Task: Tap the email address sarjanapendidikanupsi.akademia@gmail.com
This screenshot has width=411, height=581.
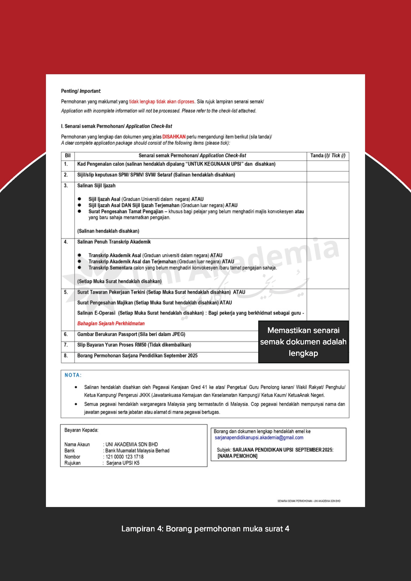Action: [x=259, y=437]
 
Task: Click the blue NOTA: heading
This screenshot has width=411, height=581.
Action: [x=73, y=375]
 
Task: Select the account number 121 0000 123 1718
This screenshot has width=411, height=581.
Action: [x=124, y=457]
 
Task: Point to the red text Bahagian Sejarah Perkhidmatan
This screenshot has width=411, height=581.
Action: [x=111, y=323]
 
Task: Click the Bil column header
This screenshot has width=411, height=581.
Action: [x=68, y=156]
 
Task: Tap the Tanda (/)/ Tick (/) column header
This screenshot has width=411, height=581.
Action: [x=328, y=156]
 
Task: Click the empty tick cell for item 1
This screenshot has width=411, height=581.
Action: [x=328, y=166]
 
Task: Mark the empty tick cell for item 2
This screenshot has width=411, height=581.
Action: [x=328, y=177]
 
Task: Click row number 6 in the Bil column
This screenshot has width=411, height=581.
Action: [x=66, y=334]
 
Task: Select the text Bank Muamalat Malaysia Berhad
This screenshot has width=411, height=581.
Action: [x=137, y=451]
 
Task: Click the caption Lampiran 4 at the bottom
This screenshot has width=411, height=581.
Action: [x=205, y=529]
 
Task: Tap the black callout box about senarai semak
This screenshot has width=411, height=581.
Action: [x=303, y=342]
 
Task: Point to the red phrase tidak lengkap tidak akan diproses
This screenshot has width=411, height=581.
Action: [x=161, y=102]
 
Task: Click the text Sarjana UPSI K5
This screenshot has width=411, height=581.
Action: [x=123, y=463]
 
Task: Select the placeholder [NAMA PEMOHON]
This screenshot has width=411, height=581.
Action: [x=237, y=456]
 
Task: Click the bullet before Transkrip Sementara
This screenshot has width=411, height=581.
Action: [x=79, y=267]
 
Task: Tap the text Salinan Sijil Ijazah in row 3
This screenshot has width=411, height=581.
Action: [x=96, y=186]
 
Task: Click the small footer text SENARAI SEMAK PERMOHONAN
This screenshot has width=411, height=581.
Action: [x=308, y=501]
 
